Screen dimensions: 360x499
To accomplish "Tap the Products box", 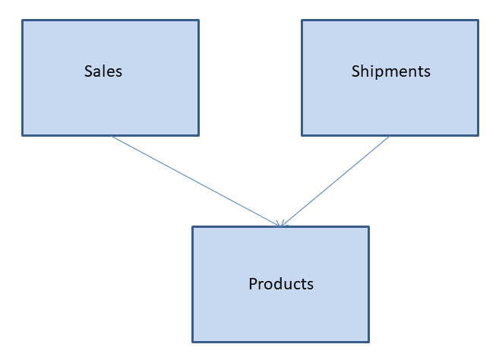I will click(280, 311).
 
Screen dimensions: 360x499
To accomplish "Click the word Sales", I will click(103, 71).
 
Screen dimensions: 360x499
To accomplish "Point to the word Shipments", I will click(390, 71).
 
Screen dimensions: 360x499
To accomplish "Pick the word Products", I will click(281, 284).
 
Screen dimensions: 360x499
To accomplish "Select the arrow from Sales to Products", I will click(196, 181).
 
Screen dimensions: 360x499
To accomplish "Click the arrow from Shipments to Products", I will click(335, 181).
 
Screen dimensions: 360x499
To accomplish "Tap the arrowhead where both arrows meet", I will click(281, 225).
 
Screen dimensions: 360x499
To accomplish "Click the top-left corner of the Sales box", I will click(23, 21).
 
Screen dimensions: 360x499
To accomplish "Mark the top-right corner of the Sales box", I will click(198, 21).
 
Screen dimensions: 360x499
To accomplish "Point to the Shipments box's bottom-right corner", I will click(478, 135).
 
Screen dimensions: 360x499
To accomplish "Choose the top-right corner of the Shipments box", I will click(478, 21).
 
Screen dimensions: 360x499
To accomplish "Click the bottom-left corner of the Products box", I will click(193, 341).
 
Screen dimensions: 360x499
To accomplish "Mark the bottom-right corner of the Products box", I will click(368, 341).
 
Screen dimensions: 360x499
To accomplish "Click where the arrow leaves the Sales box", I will click(112, 137).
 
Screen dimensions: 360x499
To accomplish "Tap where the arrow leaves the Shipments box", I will click(389, 137).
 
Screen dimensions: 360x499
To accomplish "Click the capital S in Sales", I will click(88, 71).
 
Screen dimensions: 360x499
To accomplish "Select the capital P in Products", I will click(253, 284).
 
